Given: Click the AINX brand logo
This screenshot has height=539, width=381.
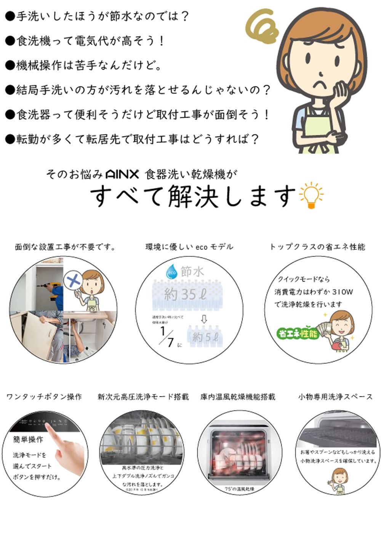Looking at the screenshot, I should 122,175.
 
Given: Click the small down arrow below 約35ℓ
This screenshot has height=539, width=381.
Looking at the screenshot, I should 204,319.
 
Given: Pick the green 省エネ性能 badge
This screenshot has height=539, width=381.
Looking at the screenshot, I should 298,334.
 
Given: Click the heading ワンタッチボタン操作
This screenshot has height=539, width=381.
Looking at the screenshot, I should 44,397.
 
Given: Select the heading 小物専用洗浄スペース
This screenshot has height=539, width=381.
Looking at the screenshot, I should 335,397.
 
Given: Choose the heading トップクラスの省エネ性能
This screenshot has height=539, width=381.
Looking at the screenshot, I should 317,247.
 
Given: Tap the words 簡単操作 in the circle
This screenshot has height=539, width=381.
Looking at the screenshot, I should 28,440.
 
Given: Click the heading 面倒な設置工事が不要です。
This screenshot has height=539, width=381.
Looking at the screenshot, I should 65,247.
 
